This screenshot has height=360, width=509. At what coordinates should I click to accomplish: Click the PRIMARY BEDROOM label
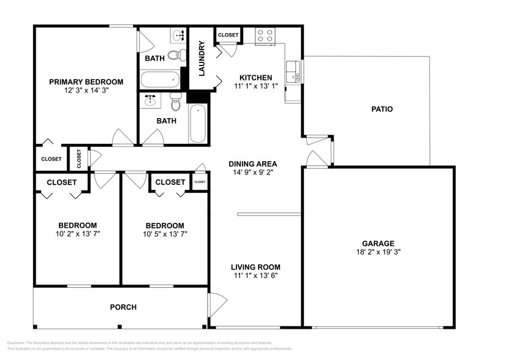pyautogui.click(x=86, y=81)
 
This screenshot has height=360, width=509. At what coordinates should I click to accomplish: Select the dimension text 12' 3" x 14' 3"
pyautogui.click(x=86, y=91)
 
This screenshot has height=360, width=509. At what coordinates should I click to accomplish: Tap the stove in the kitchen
pyautogui.click(x=265, y=36)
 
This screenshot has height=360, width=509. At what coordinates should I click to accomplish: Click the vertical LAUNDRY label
pyautogui.click(x=202, y=58)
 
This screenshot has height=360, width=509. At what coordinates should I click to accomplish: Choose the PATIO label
pyautogui.click(x=382, y=110)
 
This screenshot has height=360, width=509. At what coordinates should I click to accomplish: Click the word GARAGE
pyautogui.click(x=377, y=242)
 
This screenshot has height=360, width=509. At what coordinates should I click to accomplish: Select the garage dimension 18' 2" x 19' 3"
pyautogui.click(x=377, y=251)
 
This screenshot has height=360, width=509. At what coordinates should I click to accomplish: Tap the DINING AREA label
pyautogui.click(x=252, y=163)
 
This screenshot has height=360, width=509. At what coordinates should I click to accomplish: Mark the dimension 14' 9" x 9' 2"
pyautogui.click(x=252, y=172)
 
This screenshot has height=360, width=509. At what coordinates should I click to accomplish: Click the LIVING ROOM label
pyautogui.click(x=255, y=267)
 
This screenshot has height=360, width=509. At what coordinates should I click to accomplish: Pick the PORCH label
pyautogui.click(x=123, y=307)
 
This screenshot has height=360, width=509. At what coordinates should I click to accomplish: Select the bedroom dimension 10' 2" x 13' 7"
pyautogui.click(x=77, y=233)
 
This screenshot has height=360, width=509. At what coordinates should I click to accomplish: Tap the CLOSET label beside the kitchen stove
pyautogui.click(x=228, y=36)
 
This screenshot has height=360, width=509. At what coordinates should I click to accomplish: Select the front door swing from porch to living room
pyautogui.click(x=216, y=304)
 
